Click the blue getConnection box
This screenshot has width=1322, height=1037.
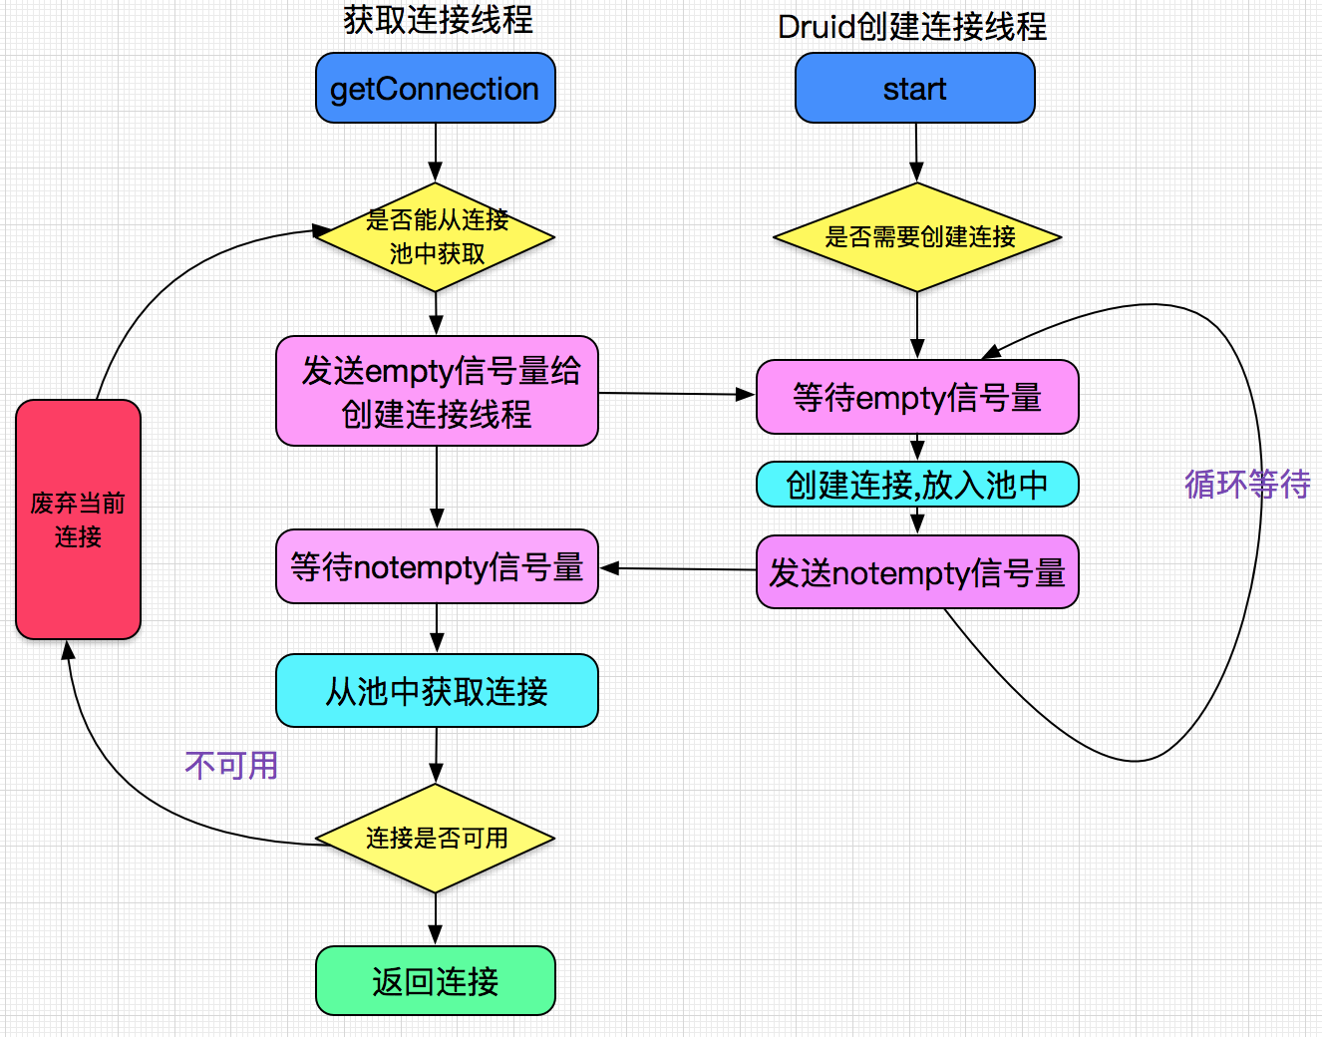(435, 89)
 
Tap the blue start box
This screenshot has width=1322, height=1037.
(914, 89)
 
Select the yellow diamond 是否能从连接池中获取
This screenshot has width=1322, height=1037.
(436, 237)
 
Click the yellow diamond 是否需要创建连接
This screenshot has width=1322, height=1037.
(917, 237)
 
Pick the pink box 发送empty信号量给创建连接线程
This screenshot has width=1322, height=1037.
(437, 391)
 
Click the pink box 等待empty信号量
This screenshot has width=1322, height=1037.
(917, 397)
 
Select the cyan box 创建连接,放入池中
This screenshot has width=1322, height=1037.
(917, 485)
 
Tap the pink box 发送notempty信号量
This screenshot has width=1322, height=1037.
(917, 572)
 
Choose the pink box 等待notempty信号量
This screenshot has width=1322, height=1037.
(437, 566)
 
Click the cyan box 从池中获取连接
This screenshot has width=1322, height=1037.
(437, 690)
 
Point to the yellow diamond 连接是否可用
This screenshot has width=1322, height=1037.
(436, 839)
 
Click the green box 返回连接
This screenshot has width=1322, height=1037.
(436, 981)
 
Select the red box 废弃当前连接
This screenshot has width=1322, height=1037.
(78, 519)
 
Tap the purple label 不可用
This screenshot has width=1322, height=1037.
(231, 765)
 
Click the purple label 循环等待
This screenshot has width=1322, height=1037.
(1246, 484)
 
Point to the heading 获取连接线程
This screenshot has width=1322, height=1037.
(438, 20)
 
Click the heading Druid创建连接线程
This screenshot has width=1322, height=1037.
(912, 27)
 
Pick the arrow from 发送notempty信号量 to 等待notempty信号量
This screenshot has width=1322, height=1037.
(678, 568)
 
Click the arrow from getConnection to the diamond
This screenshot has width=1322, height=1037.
(436, 152)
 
